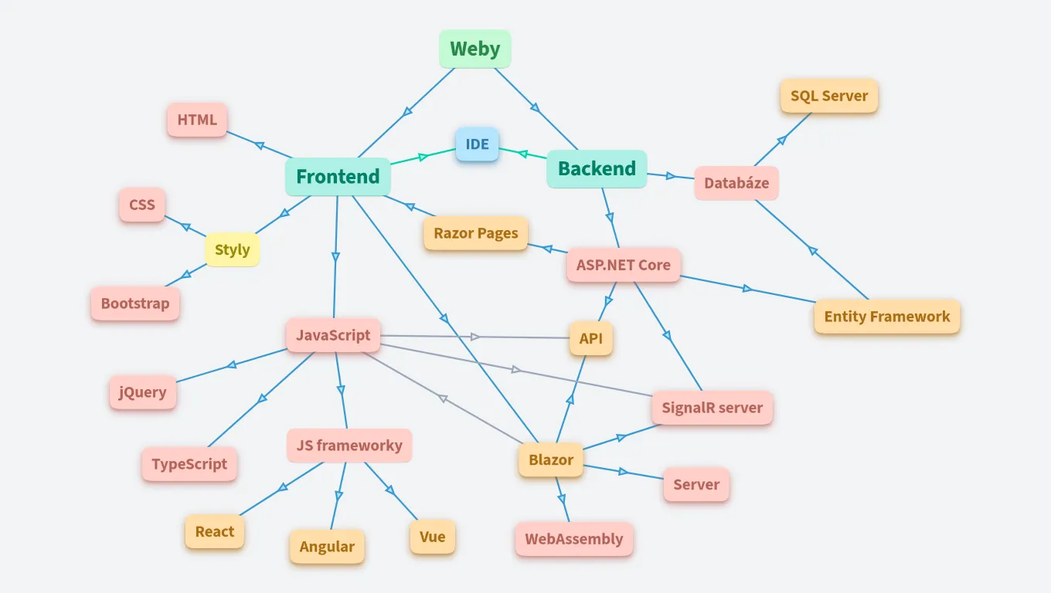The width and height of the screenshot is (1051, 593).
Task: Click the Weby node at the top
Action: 475,49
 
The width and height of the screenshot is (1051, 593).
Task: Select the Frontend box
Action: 338,176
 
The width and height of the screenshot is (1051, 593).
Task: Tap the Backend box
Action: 597,168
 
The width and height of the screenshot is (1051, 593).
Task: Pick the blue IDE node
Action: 477,144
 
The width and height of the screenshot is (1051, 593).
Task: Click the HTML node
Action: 197,120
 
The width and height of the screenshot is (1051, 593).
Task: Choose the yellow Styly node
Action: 232,249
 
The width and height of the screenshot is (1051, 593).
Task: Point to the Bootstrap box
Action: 135,303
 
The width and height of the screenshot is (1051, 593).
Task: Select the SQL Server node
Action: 829,96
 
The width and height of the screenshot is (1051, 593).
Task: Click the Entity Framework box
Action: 886,317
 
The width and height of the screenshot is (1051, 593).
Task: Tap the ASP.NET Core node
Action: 624,265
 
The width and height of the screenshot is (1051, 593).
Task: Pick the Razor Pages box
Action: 476,233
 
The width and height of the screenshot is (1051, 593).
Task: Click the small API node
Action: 591,338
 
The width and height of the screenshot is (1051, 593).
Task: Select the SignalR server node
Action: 712,408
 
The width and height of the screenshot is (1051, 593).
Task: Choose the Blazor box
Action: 551,460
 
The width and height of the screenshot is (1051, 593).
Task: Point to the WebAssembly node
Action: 574,539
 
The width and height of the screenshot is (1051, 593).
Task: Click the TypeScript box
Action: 189,464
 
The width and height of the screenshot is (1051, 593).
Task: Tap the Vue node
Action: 432,537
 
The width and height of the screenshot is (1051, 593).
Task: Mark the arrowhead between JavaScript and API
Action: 475,337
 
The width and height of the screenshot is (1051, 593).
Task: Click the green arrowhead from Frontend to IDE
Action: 423,157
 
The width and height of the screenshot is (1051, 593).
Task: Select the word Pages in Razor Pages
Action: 498,233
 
